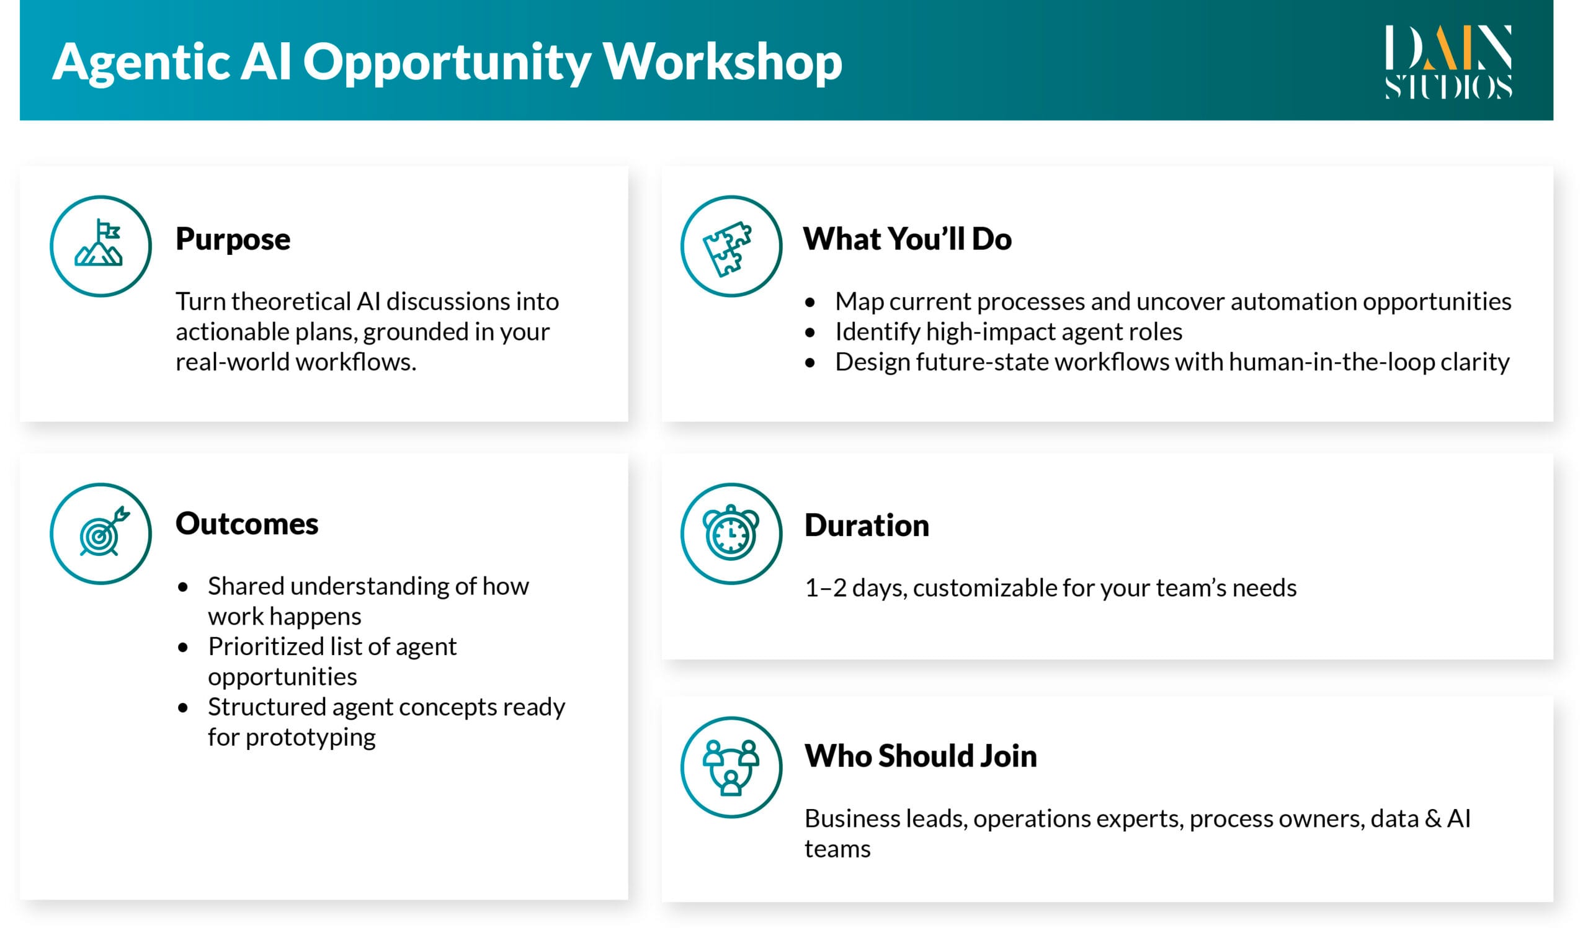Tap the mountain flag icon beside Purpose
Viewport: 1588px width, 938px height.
click(100, 246)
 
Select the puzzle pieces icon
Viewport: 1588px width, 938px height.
click(731, 246)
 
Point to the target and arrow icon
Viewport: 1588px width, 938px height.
click(100, 534)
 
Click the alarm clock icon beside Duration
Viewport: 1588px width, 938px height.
click(731, 534)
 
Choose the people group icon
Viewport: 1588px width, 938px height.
click(731, 767)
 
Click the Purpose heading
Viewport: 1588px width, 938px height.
click(233, 239)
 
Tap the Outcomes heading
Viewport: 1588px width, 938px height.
click(246, 524)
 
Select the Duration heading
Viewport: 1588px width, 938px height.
click(867, 525)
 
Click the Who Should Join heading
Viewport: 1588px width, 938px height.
click(920, 756)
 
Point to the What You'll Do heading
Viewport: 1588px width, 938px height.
click(907, 239)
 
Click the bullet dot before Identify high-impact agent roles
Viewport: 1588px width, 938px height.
click(810, 333)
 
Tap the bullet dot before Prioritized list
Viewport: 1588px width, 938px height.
click(183, 647)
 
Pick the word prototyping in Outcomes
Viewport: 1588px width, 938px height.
click(310, 738)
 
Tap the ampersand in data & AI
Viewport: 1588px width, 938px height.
click(1432, 819)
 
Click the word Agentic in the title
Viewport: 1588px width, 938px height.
click(140, 62)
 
